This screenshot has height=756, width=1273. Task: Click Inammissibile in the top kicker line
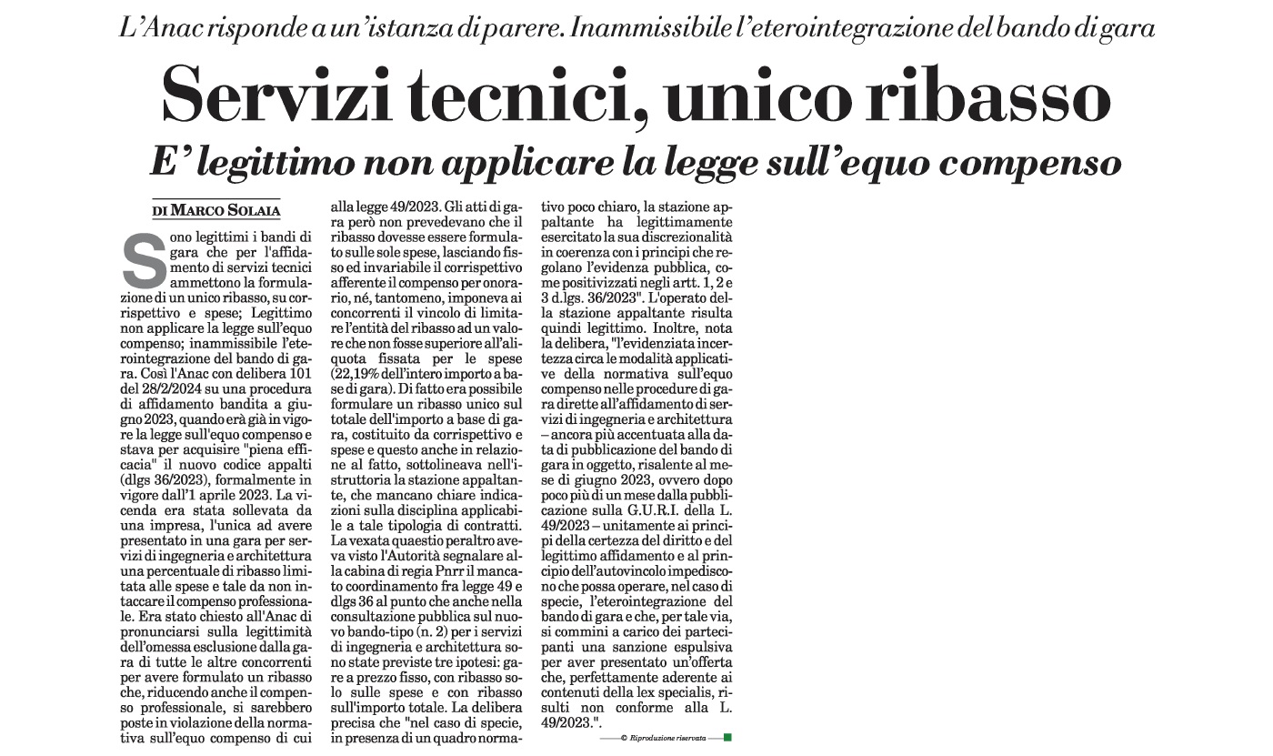coord(654,27)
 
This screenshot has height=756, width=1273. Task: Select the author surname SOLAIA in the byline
coord(254,211)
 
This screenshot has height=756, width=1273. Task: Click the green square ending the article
coord(727,737)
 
